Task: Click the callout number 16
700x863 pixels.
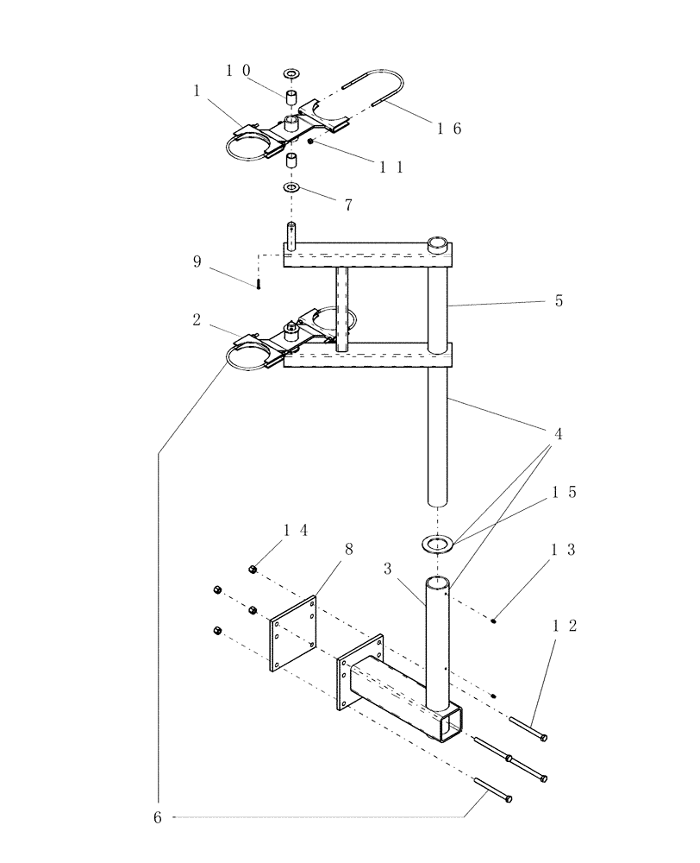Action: (x=449, y=129)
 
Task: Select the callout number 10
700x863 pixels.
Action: (x=238, y=71)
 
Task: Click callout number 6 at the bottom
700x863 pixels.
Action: (x=158, y=816)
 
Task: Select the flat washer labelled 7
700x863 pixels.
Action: (x=291, y=187)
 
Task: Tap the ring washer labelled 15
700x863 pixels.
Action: (x=438, y=544)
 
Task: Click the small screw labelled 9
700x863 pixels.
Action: (x=258, y=284)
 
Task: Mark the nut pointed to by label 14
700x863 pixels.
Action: (x=253, y=568)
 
